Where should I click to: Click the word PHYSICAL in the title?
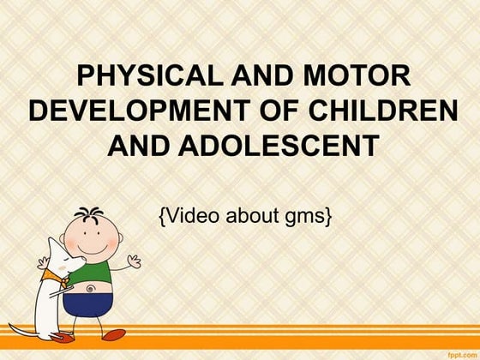[x=150, y=76]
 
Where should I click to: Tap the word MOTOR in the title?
[x=357, y=76]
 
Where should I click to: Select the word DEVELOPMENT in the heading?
[x=139, y=111]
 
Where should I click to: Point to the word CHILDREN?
[x=383, y=111]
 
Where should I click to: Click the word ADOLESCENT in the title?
[x=279, y=146]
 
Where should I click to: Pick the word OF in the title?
[x=279, y=111]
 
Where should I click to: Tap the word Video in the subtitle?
[x=193, y=215]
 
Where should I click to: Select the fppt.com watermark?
[x=463, y=355]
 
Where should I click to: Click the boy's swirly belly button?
[x=90, y=288]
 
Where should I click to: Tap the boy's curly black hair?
[x=89, y=213]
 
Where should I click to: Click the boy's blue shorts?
[x=88, y=305]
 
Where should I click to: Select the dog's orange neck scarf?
[x=55, y=277]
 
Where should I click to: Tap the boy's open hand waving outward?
[x=134, y=261]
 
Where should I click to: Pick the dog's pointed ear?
[x=54, y=245]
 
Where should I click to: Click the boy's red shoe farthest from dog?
[x=113, y=334]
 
